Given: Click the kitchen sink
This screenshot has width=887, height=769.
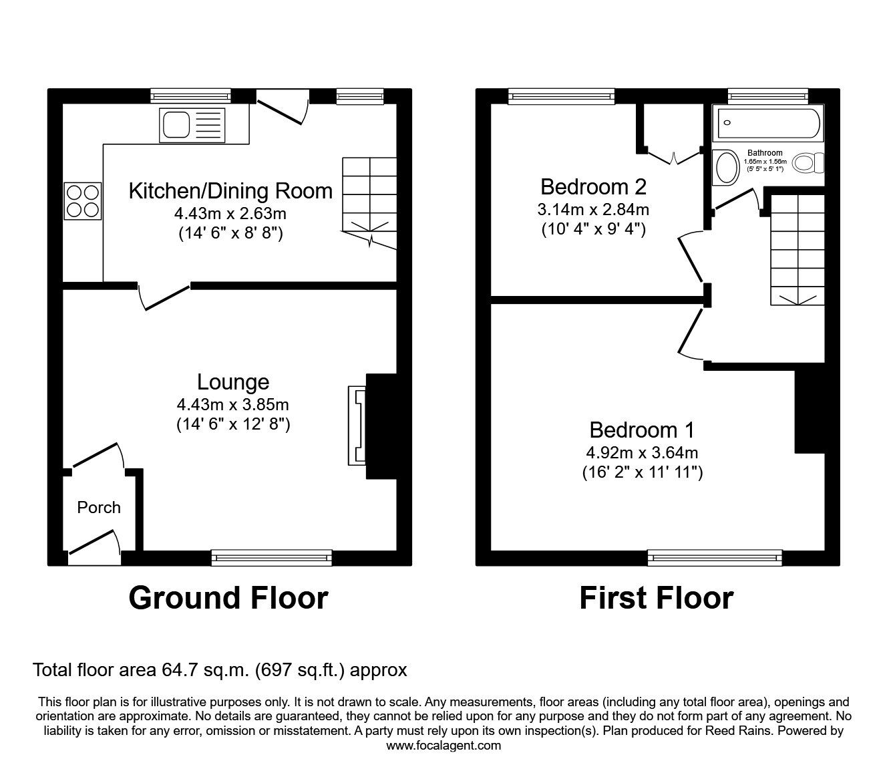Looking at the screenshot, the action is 192,125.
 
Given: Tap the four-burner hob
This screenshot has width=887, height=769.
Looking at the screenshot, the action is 83,201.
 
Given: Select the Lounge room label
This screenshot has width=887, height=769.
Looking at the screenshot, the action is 233,381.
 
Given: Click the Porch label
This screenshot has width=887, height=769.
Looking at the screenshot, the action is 99,508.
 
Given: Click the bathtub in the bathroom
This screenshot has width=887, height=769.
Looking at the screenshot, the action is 768,123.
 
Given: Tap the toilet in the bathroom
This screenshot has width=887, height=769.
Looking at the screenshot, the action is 808,163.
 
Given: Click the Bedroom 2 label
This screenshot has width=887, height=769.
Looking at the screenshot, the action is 594,187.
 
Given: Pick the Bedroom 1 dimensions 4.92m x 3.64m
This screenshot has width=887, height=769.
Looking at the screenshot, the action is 642,452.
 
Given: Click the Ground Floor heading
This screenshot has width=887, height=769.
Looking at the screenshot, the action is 228,598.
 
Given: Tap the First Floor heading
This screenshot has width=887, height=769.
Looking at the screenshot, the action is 657,598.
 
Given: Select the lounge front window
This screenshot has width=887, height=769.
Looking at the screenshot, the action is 272,558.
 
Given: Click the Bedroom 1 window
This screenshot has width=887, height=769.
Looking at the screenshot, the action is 715,558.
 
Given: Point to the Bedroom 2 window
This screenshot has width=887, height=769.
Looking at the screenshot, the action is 561,96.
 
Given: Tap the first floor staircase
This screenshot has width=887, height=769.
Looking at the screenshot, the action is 797,250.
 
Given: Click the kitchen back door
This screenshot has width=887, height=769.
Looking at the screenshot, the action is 283,107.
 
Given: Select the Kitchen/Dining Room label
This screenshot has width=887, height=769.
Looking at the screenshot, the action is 231,191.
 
